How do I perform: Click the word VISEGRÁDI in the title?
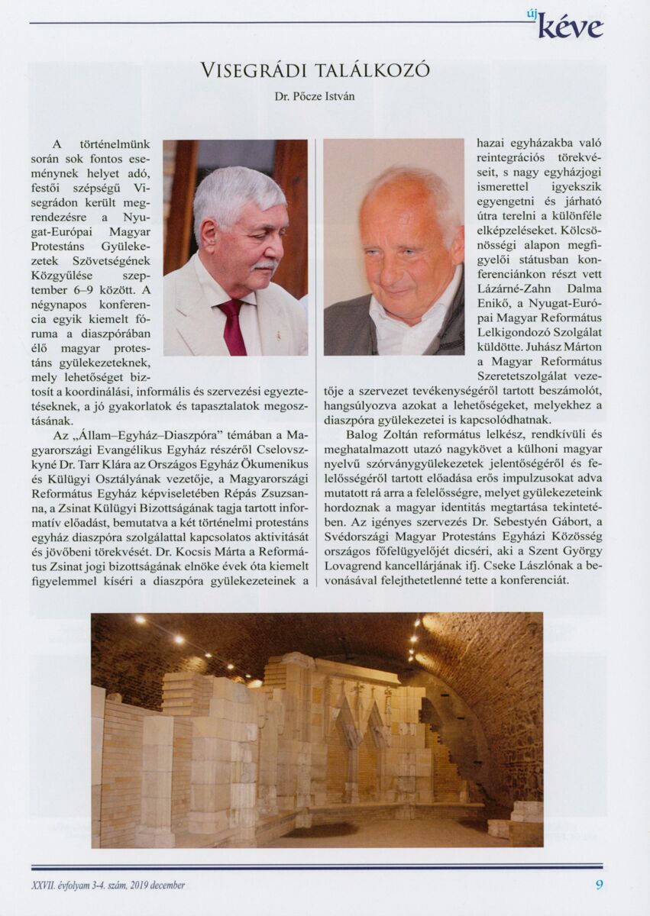click(247, 71)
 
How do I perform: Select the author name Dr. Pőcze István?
click(315, 97)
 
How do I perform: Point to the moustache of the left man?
click(264, 265)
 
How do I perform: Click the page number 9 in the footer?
click(599, 885)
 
